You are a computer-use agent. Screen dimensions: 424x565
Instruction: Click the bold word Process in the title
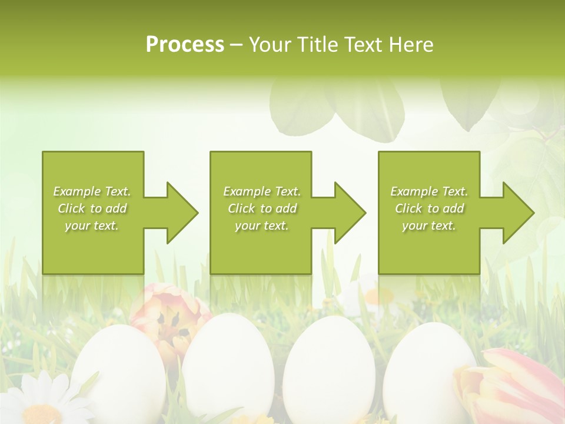pos(185,45)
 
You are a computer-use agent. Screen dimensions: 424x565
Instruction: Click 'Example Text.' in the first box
pos(92,191)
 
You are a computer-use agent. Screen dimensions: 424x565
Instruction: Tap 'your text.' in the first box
pos(92,226)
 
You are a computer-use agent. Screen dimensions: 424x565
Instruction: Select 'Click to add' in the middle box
pos(262,208)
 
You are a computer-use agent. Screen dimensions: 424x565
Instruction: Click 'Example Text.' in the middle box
pos(262,191)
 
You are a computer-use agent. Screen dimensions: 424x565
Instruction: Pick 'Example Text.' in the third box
pos(429,191)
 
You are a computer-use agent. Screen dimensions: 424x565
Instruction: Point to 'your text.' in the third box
pos(429,226)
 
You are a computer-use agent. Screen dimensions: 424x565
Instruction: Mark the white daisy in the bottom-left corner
pos(41,400)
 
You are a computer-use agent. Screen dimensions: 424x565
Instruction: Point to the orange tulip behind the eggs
pos(168,318)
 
